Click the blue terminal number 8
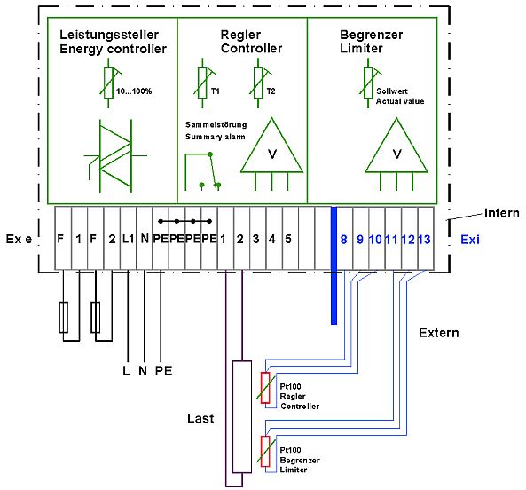(343, 240)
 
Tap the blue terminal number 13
(424, 240)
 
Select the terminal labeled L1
(128, 239)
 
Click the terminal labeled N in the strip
(145, 239)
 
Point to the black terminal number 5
(288, 239)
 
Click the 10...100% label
(134, 91)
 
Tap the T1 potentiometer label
(216, 91)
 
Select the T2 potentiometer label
(271, 91)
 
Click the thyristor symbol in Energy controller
(115, 155)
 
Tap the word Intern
(502, 213)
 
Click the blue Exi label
(470, 240)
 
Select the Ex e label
(20, 239)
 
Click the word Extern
(439, 333)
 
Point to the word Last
(200, 418)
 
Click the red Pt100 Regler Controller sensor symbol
(265, 388)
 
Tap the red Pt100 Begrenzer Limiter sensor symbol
(265, 452)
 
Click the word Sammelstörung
(216, 125)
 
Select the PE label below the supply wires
(164, 371)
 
